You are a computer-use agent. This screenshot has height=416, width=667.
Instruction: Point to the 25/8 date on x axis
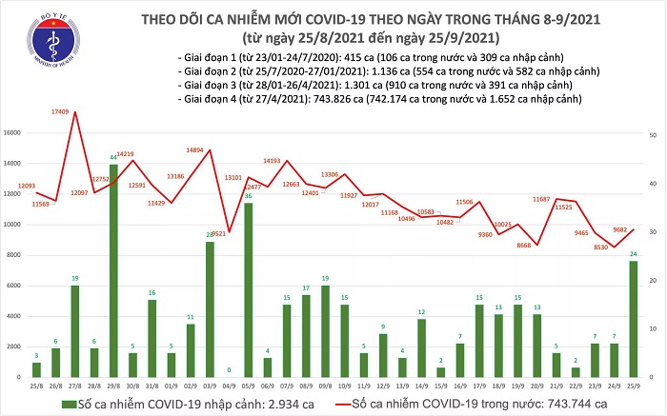click(x=36, y=386)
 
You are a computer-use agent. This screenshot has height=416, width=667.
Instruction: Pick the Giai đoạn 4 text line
click(x=377, y=98)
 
